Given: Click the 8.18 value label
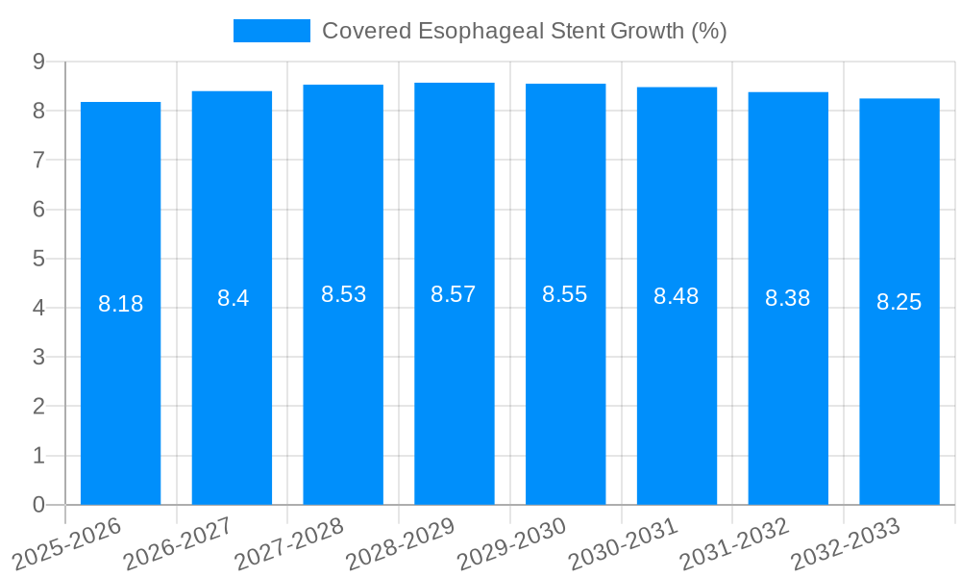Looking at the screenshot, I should pos(120,304).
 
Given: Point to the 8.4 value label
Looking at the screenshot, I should pos(233,298).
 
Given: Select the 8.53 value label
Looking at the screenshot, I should pos(343,294).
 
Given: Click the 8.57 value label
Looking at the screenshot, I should pos(454,294).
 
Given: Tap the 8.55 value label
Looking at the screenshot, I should pos(565,294).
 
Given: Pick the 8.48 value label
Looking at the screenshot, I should pos(677,296).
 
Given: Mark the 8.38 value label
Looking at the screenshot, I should pos(788,298).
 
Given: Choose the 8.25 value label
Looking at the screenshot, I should pos(899,302).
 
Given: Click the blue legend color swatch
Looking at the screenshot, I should pos(271,31).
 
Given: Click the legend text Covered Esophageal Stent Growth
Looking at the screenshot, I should pos(524,31).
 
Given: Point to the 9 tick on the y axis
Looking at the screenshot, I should pos(38,62).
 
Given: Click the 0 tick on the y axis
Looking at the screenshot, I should pos(38,505).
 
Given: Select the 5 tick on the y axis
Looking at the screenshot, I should pos(38,259).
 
